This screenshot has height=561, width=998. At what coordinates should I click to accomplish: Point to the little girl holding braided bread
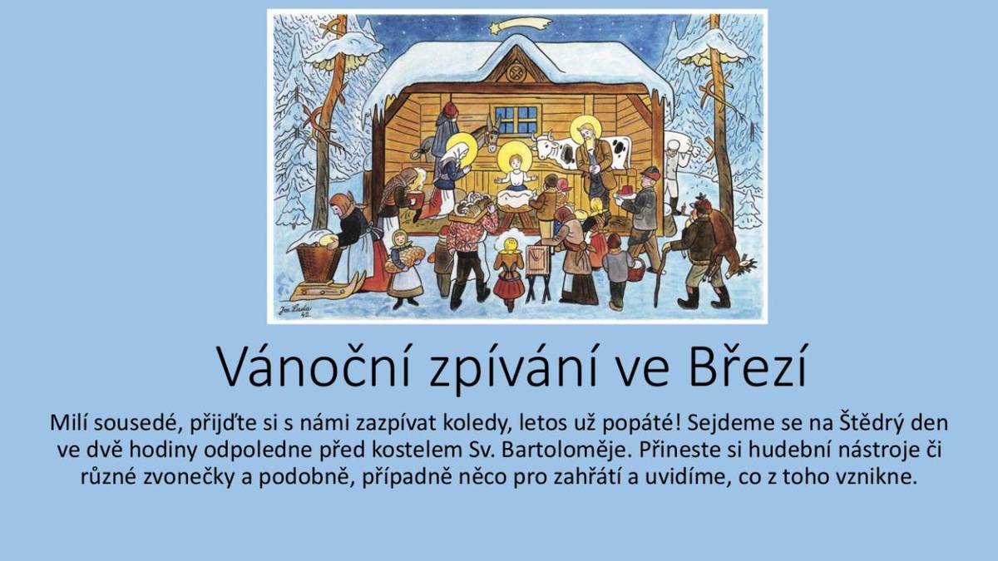coord(403,262)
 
